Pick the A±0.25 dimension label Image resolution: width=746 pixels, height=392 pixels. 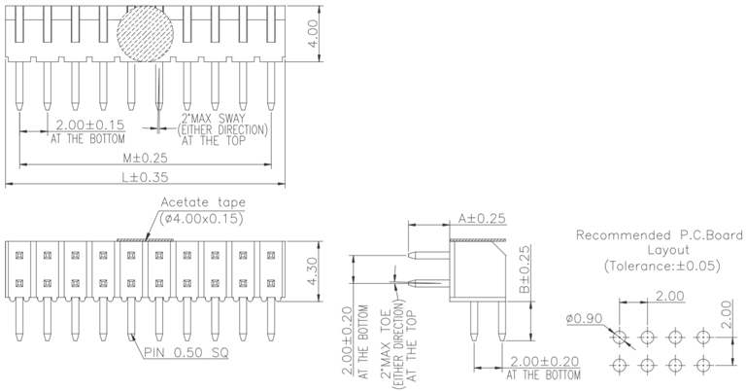pos(482,219)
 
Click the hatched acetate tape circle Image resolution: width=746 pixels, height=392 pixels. pos(145,37)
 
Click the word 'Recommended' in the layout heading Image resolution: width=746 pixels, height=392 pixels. pos(616,235)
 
